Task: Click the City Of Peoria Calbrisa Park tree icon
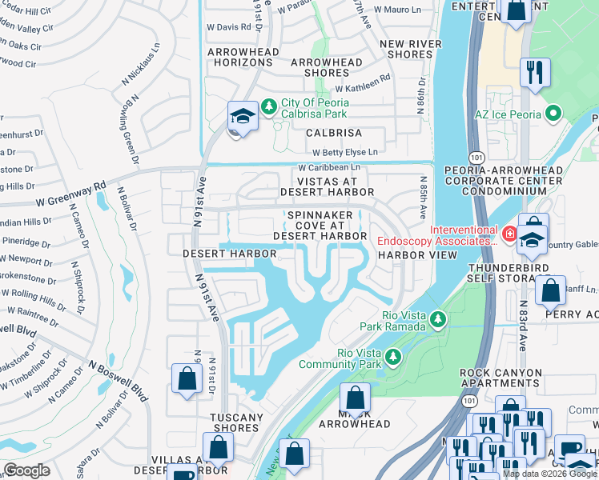click(x=270, y=106)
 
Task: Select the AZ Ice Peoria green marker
click(x=552, y=114)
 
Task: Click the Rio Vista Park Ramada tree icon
click(x=437, y=320)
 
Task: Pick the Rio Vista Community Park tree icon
click(x=392, y=357)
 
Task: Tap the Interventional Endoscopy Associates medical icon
click(x=509, y=234)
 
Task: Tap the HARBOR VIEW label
click(x=417, y=255)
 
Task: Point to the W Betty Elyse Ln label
click(x=344, y=151)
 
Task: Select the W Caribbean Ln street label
click(x=329, y=168)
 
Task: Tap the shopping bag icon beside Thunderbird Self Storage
click(x=550, y=291)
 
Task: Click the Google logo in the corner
click(x=26, y=470)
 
